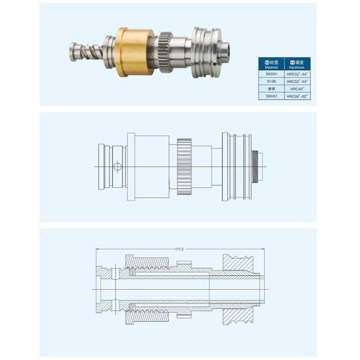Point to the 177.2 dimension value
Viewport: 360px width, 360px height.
point(179,248)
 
